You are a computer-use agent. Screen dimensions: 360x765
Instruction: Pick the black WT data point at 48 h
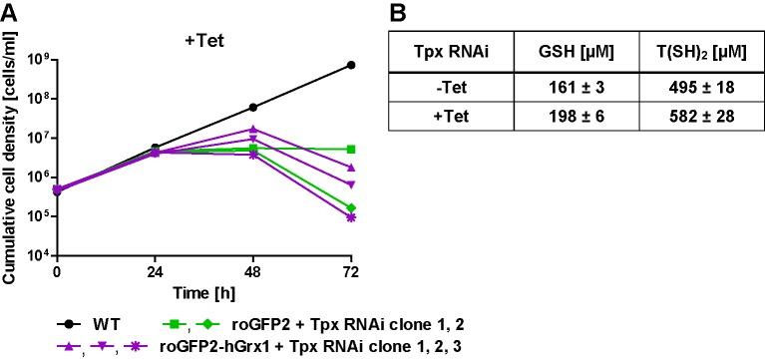coord(253,107)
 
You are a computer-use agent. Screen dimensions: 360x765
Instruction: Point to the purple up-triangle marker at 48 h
coord(253,130)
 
